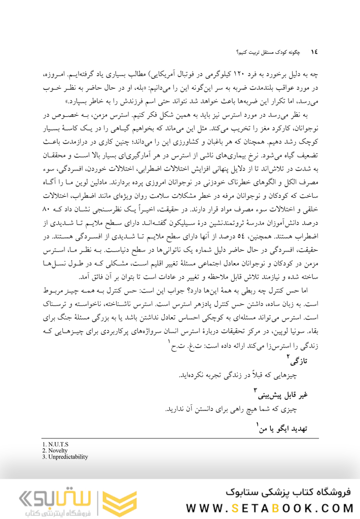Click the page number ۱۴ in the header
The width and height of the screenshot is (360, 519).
click(313, 52)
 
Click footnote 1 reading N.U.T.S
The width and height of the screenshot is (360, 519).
click(55, 445)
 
